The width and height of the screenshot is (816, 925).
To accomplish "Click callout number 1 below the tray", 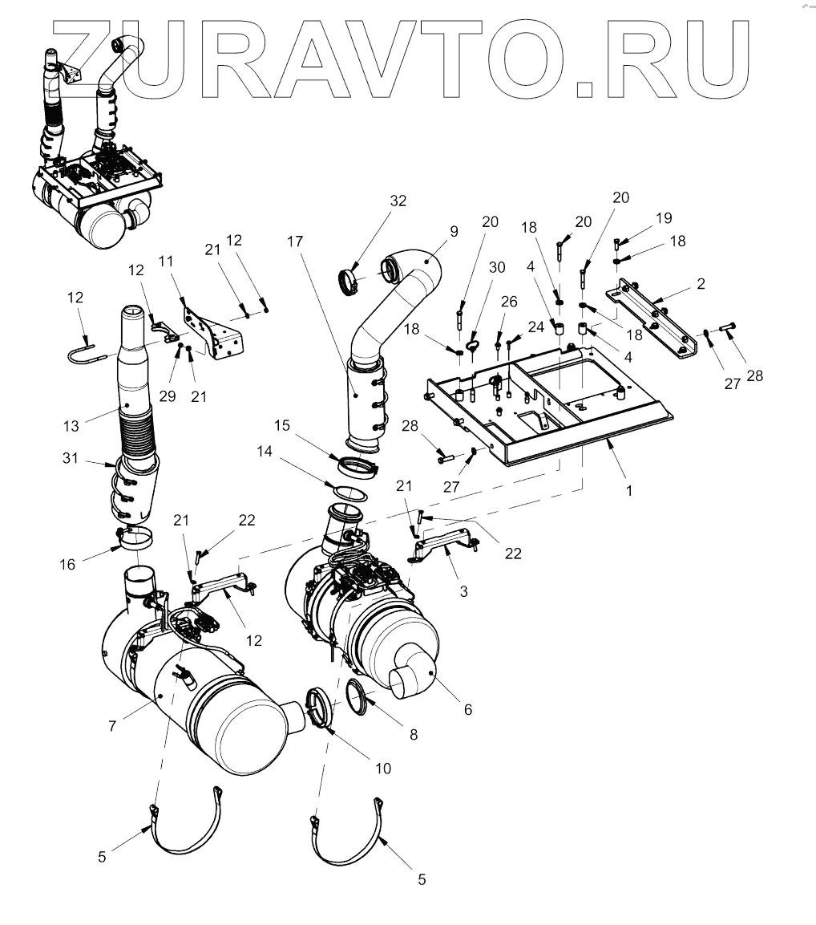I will click(629, 489).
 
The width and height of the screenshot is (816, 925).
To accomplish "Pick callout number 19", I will click(663, 218).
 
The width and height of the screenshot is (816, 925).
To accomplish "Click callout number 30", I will click(497, 267).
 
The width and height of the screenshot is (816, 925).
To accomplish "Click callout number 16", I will click(67, 564).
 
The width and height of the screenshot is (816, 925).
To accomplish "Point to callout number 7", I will click(113, 725).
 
